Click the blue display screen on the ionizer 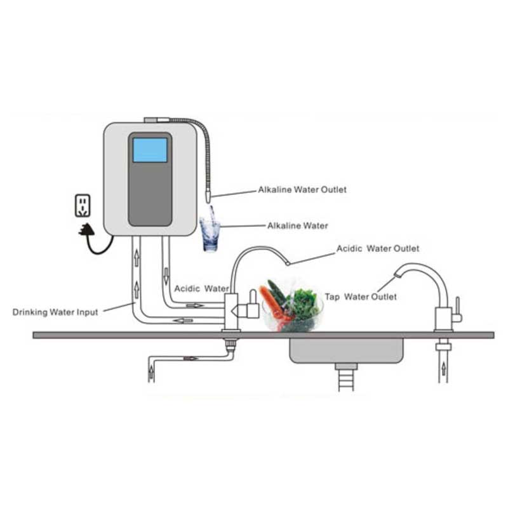pos(150,149)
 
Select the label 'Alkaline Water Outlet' pos(302,189)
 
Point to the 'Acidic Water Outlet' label pos(378,248)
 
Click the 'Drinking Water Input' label pos(56,312)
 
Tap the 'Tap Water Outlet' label pos(361,297)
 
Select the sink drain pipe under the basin pos(346,377)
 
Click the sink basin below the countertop pos(346,350)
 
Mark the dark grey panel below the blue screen pos(150,197)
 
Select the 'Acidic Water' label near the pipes pos(201,288)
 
